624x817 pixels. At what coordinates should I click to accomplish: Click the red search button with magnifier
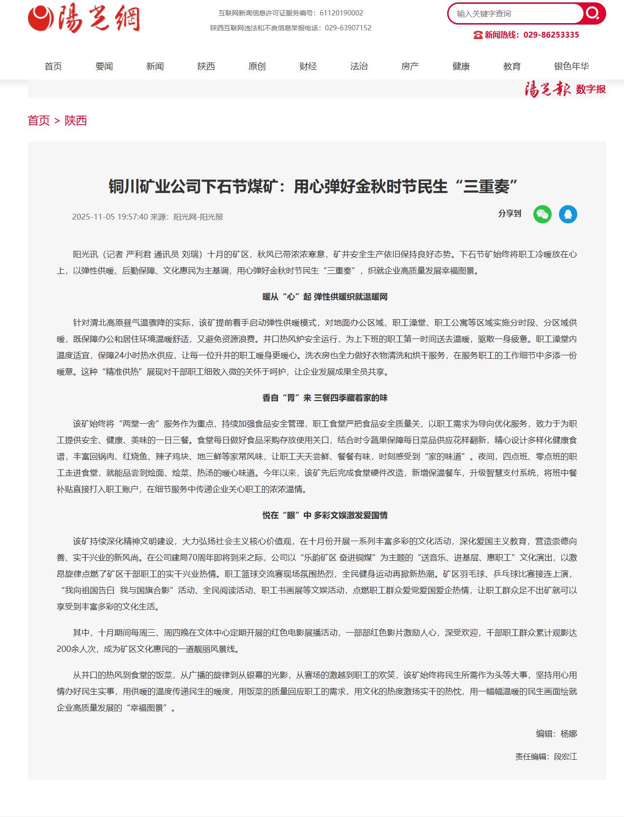click(593, 13)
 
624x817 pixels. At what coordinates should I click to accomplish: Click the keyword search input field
click(516, 14)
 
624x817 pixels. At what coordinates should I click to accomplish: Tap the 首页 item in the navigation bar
click(53, 66)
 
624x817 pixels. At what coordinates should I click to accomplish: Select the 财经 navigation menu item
click(308, 66)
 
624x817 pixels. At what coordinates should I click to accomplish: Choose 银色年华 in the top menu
click(571, 66)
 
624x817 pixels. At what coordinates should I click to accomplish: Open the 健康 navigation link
click(461, 66)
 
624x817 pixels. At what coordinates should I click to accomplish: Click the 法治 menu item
click(359, 66)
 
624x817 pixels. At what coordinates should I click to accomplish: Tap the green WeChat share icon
click(542, 214)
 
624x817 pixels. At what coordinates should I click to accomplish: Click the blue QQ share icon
click(568, 214)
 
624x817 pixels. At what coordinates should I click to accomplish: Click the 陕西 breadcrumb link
click(76, 120)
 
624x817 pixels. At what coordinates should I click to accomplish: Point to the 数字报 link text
click(591, 90)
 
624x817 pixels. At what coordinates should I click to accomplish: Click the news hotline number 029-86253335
click(551, 35)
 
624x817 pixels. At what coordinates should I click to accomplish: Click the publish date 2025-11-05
click(93, 217)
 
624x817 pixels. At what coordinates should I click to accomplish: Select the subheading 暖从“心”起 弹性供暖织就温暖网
click(325, 297)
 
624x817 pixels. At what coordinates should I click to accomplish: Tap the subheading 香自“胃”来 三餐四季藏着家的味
click(325, 398)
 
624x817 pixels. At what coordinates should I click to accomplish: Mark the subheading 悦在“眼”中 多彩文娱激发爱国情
click(325, 516)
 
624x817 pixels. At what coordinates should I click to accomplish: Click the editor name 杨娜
click(569, 734)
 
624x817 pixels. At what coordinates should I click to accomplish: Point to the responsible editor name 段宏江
click(565, 756)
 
